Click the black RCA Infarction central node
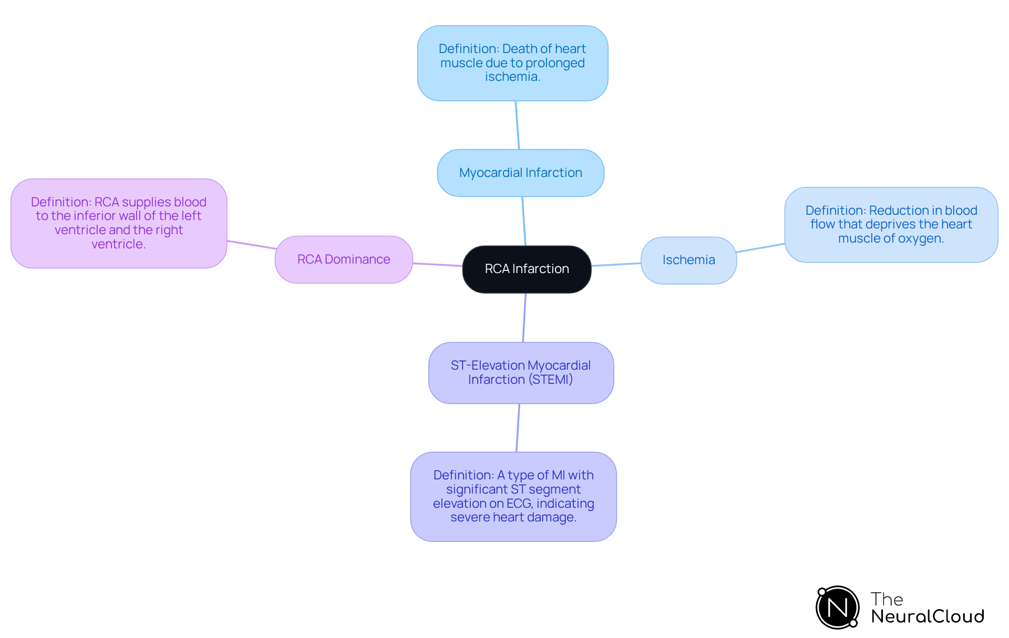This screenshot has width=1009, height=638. (527, 269)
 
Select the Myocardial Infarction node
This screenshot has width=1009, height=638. (520, 173)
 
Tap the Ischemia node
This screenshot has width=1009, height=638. (688, 260)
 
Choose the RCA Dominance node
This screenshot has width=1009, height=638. (344, 259)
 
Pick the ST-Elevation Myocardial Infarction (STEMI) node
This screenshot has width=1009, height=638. (521, 372)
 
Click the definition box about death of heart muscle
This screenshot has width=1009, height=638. (512, 63)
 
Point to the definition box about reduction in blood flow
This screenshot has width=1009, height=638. (891, 224)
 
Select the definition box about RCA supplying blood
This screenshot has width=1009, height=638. (119, 223)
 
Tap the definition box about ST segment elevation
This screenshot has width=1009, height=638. (513, 496)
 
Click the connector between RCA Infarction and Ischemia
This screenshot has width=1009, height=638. (616, 264)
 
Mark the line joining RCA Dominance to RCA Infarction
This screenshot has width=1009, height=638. (437, 265)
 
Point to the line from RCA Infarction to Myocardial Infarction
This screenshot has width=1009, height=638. (524, 221)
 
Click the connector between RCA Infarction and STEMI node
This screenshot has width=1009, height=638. (524, 318)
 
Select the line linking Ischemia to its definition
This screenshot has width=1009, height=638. (760, 248)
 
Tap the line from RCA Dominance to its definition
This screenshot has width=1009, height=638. (251, 245)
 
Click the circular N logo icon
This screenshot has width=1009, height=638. (837, 608)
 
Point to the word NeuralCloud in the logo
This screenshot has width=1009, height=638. (927, 616)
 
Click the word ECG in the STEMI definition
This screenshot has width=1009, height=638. (519, 504)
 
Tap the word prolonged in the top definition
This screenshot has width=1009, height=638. (554, 63)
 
